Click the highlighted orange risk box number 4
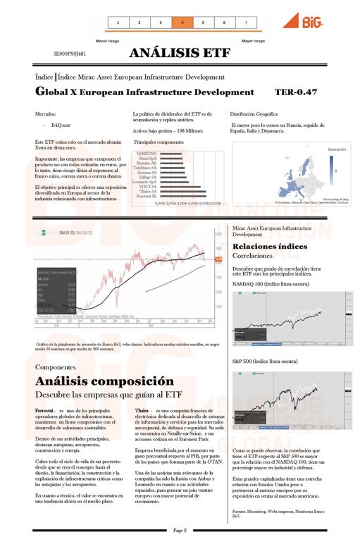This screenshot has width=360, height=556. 182,23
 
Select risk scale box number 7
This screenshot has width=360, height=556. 246,23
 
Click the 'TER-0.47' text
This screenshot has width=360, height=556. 296,92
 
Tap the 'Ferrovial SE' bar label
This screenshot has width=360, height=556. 145,195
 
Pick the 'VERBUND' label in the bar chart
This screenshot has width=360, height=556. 147,153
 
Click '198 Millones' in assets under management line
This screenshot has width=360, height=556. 188,130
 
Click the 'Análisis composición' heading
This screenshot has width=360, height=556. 104,381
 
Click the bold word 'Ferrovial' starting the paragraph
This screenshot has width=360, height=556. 46,409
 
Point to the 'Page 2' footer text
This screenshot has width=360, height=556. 180,530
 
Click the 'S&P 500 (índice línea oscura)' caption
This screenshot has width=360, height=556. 264,361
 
